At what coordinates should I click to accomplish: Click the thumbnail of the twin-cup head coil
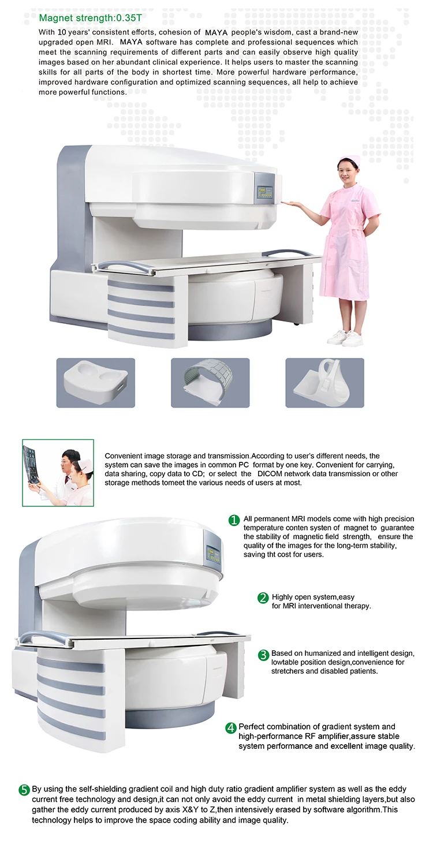95,383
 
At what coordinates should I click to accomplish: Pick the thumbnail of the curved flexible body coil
210,383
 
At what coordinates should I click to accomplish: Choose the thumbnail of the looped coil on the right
324,383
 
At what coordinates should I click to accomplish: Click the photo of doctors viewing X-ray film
58,472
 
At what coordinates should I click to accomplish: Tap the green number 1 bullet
234,520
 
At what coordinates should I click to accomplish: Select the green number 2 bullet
263,598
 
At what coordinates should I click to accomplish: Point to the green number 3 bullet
263,655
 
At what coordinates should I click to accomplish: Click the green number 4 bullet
231,728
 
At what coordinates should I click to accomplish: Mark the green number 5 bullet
24,790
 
